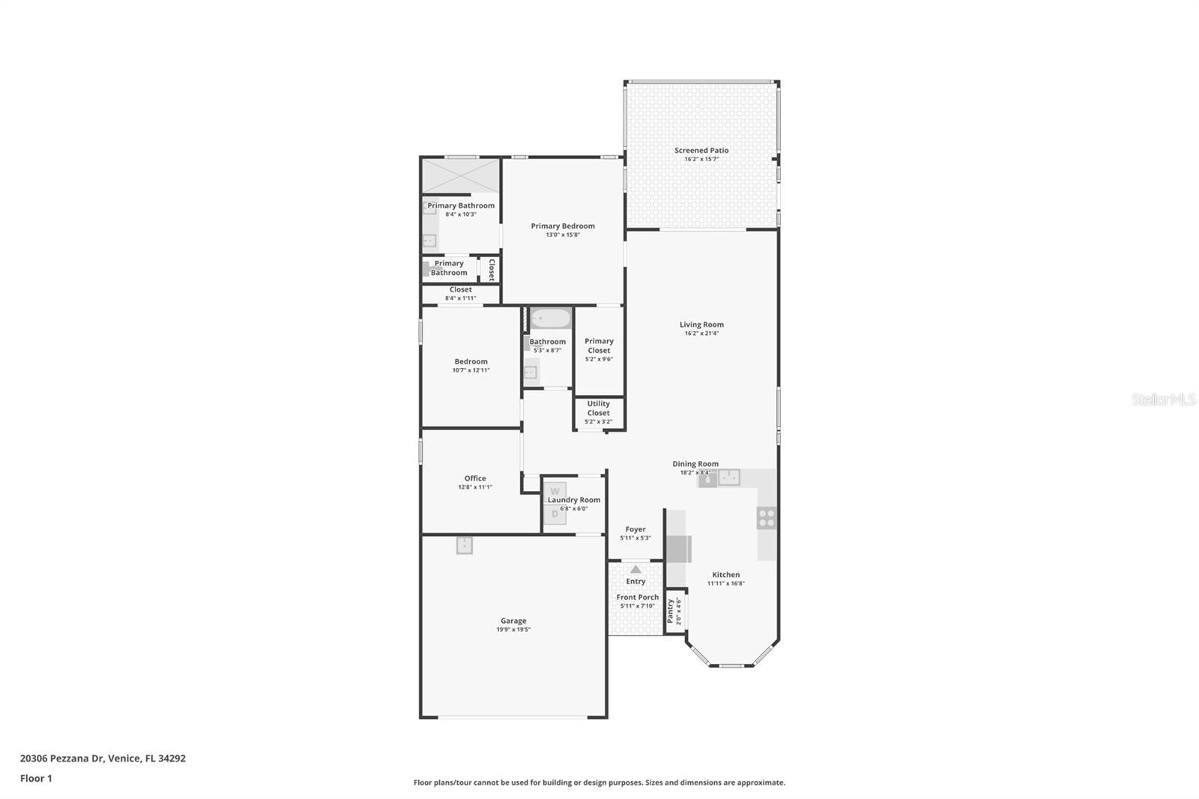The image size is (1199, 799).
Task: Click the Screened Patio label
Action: click(701, 150)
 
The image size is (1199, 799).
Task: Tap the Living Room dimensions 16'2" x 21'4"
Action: click(701, 334)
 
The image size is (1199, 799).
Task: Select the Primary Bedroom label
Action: click(562, 226)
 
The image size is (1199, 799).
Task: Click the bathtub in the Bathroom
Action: click(551, 320)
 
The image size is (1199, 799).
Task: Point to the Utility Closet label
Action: click(598, 408)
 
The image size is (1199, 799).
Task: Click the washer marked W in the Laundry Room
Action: click(555, 492)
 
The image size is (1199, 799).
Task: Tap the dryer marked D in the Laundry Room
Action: click(555, 514)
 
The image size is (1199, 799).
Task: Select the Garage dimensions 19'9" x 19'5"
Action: click(513, 630)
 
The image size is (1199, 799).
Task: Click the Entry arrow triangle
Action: click(635, 570)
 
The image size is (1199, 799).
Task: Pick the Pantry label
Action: click(671, 610)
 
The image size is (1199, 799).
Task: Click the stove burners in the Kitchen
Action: click(766, 517)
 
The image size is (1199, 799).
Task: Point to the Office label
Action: click(474, 478)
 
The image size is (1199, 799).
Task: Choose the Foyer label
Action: click(635, 529)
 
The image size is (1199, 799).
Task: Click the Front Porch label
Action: click(637, 597)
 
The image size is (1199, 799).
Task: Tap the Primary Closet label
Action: click(599, 346)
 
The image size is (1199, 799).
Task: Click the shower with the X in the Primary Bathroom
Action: click(460, 175)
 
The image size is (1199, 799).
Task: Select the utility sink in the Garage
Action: click(465, 546)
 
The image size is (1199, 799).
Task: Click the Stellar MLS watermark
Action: click(1163, 400)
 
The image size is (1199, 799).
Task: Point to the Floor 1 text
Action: click(36, 778)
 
